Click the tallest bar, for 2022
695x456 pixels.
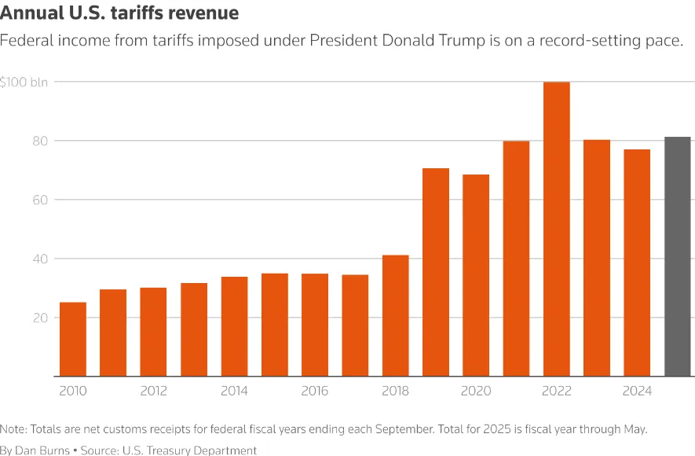[557, 229]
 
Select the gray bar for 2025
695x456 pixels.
[677, 256]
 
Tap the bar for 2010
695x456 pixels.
[73, 339]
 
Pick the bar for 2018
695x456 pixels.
[396, 315]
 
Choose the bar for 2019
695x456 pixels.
[436, 272]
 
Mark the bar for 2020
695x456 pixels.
[476, 275]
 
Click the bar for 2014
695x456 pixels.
[234, 326]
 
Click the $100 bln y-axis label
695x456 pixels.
[24, 82]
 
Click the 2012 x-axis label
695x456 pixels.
[153, 391]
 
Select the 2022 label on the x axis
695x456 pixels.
[557, 391]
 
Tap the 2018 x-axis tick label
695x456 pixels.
[396, 391]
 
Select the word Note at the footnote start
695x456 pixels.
[13, 429]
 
